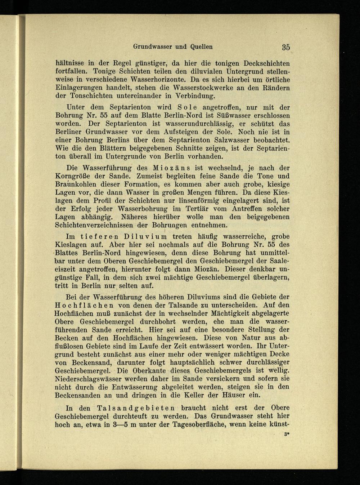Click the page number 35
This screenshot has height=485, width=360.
click(x=286, y=46)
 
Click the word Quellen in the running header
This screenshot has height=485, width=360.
click(x=198, y=46)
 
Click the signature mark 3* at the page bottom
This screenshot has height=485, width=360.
click(x=287, y=435)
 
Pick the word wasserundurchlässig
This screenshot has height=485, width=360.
click(x=196, y=124)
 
